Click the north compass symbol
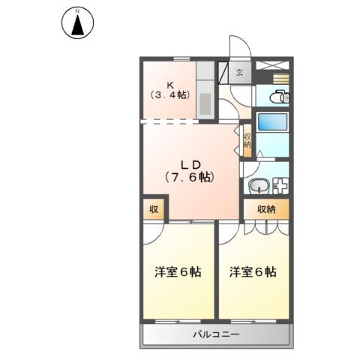pos(76,22)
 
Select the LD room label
pos(190,163)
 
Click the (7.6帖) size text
pos(190,178)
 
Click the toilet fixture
pos(276,96)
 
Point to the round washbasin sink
pos(256,186)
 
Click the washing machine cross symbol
pos(279,186)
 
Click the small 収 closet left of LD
pos(152,210)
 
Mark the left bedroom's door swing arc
pos(154,232)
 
